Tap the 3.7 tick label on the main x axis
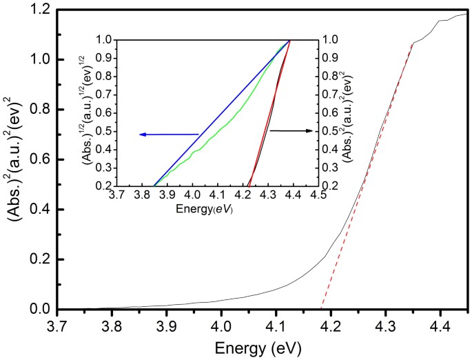[x=59, y=324]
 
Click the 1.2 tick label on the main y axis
[x=41, y=10]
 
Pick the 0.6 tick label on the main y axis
[x=41, y=159]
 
